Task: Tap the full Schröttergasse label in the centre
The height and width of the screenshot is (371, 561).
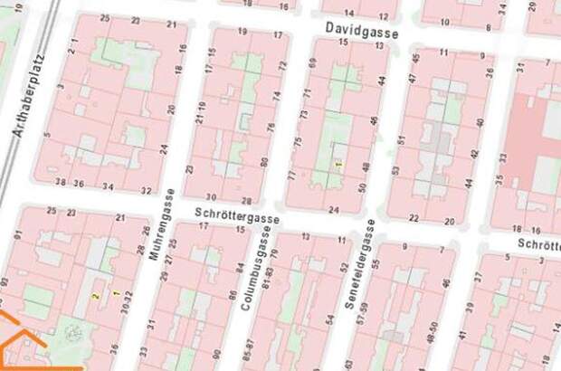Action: [237, 216]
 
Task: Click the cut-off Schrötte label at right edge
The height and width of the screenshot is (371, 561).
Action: [538, 244]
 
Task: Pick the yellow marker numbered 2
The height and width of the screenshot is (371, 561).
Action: [95, 297]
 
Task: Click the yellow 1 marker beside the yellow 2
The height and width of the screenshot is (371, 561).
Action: [115, 292]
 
